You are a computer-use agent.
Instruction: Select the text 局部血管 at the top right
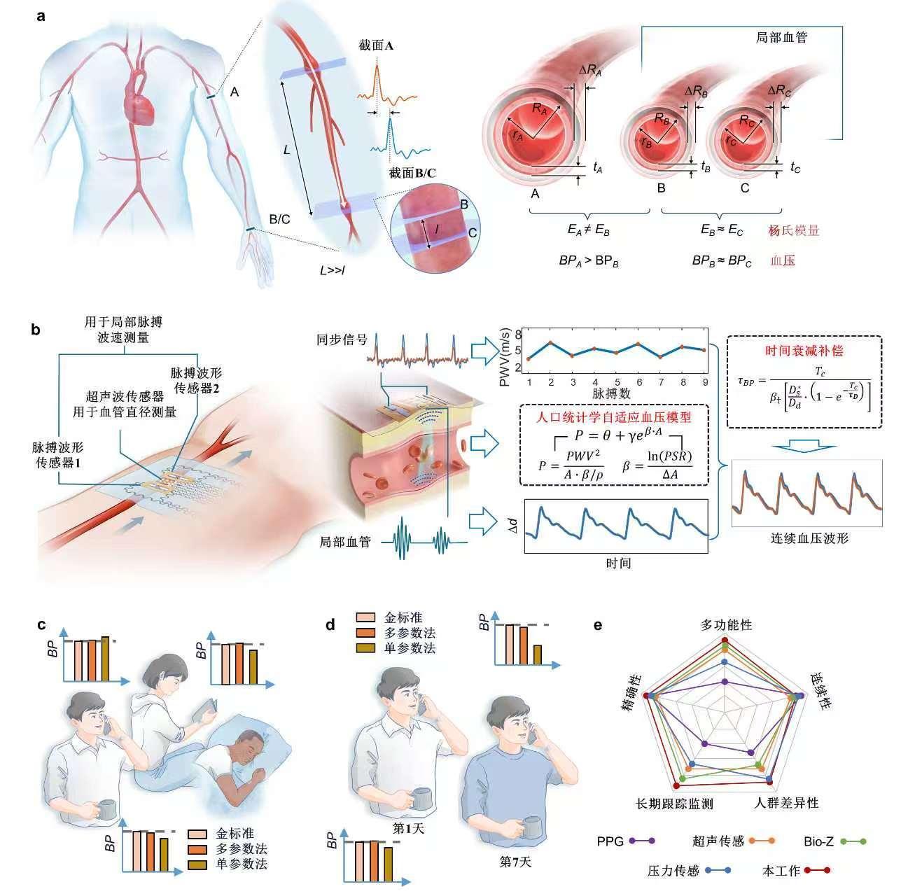[782, 38]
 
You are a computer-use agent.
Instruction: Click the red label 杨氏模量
[794, 230]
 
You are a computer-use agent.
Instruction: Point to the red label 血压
[783, 260]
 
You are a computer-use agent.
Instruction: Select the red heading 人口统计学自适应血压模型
[613, 417]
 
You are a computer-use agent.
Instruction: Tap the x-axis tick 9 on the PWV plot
[704, 382]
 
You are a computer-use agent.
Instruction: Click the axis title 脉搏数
[617, 395]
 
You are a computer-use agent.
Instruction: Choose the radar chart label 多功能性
[727, 624]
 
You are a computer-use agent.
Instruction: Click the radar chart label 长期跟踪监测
[673, 804]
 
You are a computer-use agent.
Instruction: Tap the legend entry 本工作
[781, 871]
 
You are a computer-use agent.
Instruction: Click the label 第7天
[515, 862]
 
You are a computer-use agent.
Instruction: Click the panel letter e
[599, 624]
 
